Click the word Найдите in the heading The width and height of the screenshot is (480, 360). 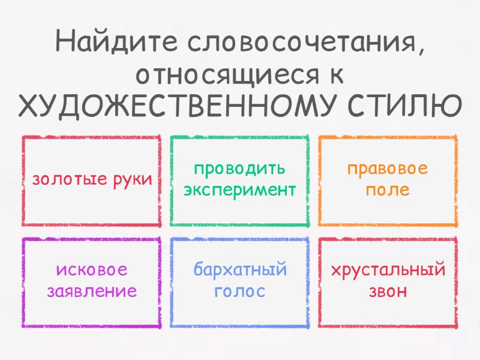pos(116,41)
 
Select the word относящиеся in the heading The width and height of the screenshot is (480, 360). pos(227,76)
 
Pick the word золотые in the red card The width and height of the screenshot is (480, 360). pos(70,179)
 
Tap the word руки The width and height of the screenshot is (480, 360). pos(133,179)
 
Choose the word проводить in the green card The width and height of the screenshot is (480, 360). pos(239,169)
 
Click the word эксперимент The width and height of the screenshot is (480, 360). pos(239,190)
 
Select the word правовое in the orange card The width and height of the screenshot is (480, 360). pos(387,169)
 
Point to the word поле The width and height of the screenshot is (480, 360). pos(388,190)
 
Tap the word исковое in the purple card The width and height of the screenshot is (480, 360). pos(92,269)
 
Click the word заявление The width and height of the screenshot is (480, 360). pos(92,291)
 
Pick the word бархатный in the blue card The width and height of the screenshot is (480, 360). pos(241,269)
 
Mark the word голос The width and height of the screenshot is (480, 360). pos(239,291)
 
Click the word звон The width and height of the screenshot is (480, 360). pos(388,291)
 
